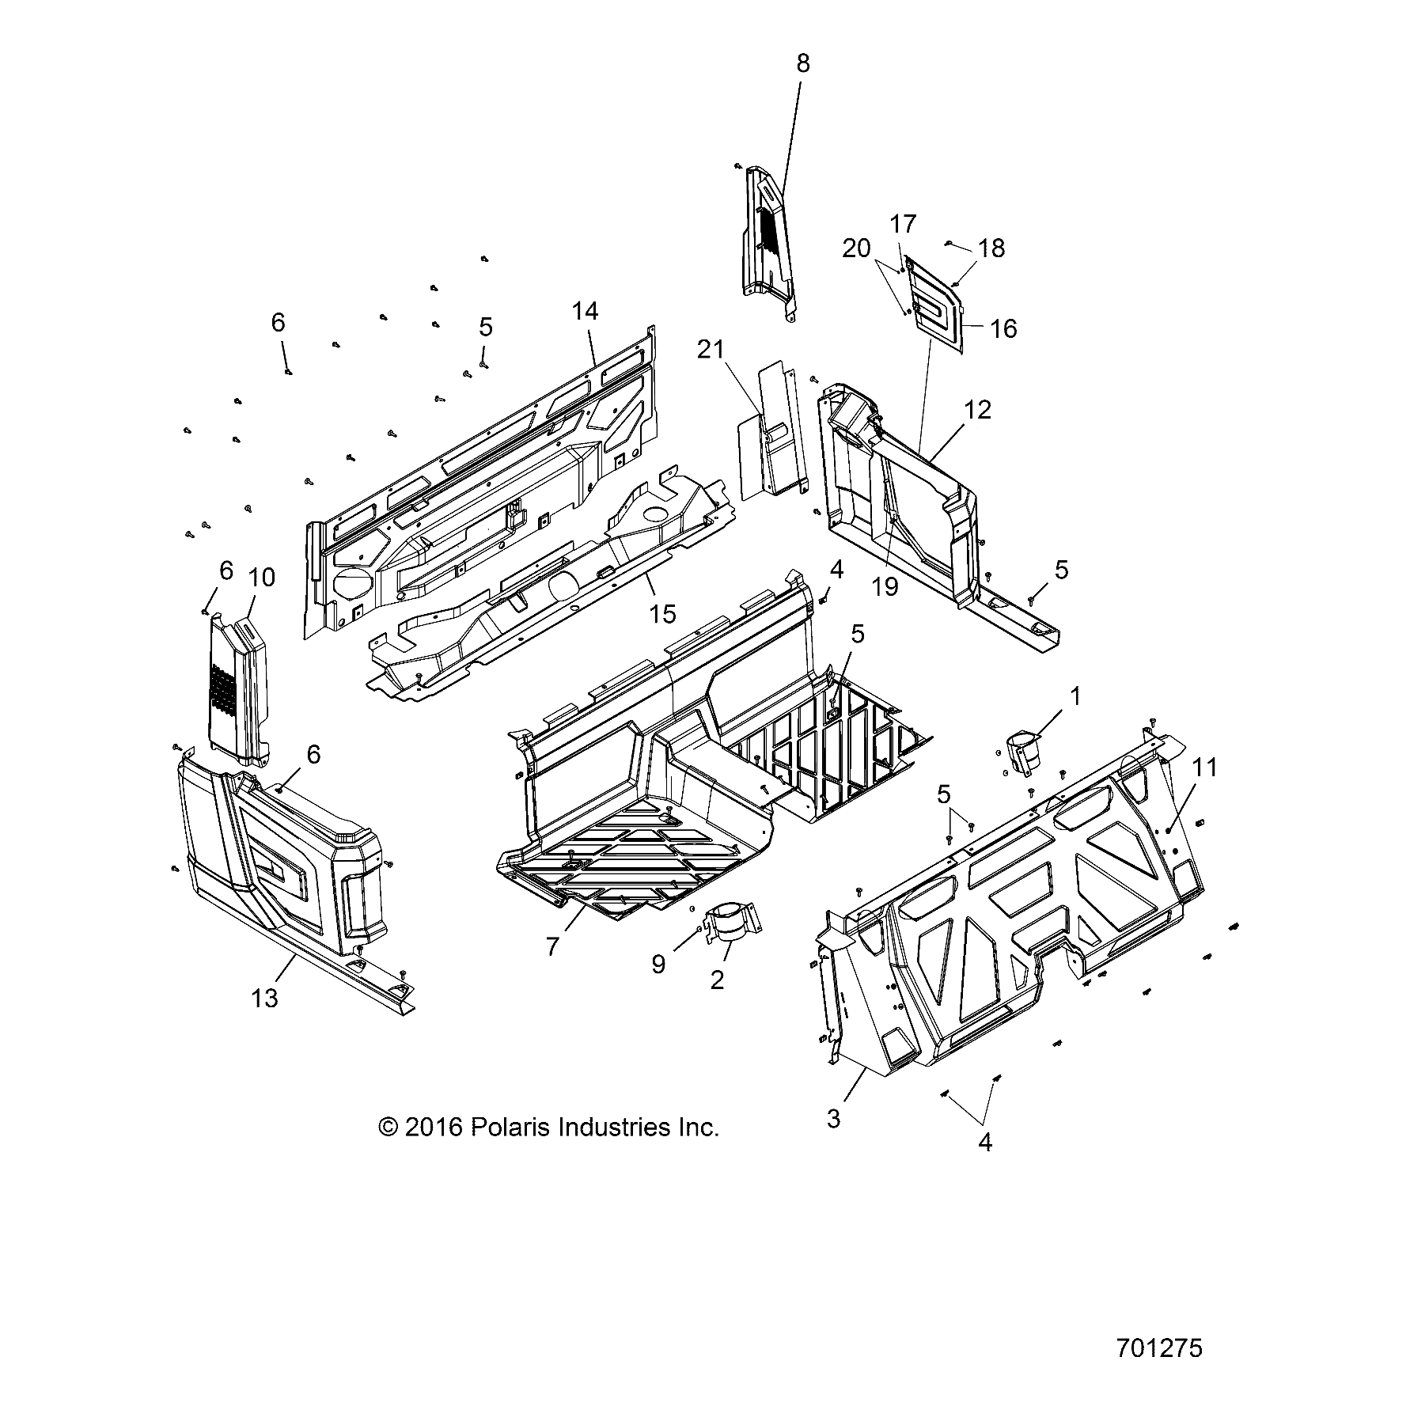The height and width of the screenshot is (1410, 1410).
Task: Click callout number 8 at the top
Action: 803,63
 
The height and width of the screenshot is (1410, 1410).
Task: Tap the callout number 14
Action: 586,311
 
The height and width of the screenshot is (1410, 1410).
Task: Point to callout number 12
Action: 978,410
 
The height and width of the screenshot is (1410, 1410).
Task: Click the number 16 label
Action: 1003,328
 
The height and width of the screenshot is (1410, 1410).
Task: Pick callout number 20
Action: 856,248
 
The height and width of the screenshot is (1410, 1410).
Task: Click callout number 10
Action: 261,578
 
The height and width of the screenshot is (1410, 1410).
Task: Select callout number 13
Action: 265,998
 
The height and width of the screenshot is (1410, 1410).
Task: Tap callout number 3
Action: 833,1119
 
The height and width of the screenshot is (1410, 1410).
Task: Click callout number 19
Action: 886,586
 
